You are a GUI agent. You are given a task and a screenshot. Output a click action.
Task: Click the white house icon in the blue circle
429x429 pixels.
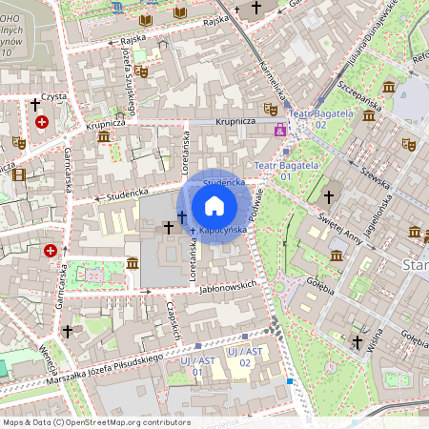(x=214, y=206)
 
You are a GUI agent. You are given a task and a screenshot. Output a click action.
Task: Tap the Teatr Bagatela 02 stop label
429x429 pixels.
(x=315, y=120)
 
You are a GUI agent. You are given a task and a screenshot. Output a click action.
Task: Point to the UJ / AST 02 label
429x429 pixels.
(x=238, y=357)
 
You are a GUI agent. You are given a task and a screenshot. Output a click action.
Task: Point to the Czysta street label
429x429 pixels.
(x=51, y=96)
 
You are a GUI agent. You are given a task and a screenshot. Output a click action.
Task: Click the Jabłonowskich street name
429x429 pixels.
(x=231, y=285)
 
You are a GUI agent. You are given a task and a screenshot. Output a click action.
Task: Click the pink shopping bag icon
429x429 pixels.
(x=280, y=131)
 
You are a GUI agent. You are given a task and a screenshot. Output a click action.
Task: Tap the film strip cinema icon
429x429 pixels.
(x=19, y=174)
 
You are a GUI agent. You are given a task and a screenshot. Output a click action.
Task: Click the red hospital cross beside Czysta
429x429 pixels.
(x=41, y=122)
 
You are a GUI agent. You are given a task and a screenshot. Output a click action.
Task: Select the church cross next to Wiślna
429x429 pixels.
(x=357, y=341)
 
